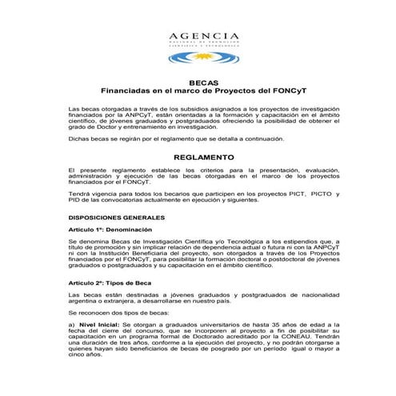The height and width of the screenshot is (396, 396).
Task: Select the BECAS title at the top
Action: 198,82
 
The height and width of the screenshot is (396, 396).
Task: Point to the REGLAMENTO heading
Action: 198,158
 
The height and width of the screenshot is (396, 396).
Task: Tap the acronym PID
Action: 74,202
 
